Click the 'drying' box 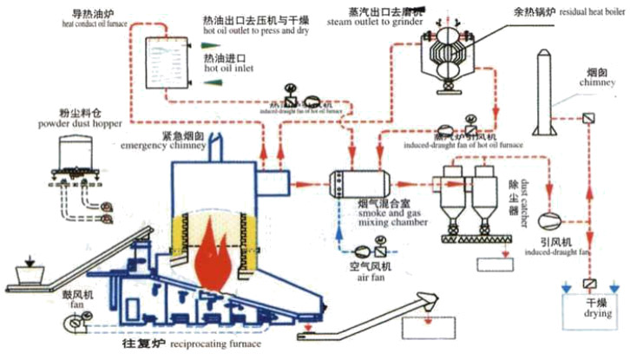[589, 314]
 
